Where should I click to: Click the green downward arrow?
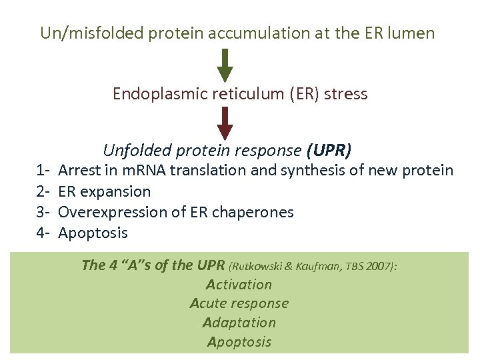tap(226, 65)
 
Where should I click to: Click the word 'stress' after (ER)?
tap(346, 93)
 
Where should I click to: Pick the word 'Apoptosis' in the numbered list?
tap(93, 233)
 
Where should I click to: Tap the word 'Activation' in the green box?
tap(239, 285)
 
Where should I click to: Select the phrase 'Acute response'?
tap(239, 303)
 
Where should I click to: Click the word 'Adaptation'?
tap(239, 323)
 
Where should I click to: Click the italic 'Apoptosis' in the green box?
tap(239, 342)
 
